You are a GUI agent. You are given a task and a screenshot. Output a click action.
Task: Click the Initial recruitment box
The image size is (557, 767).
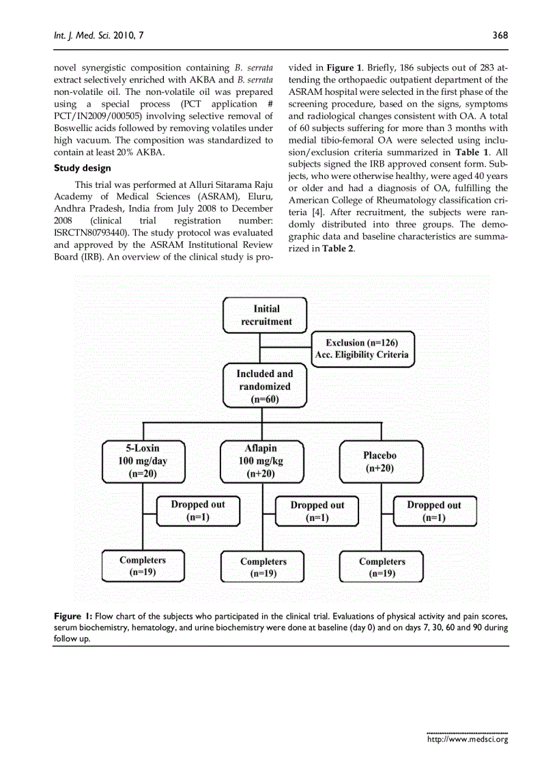tap(266, 315)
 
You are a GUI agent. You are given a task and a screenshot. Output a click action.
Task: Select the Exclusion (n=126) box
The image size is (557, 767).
tap(362, 348)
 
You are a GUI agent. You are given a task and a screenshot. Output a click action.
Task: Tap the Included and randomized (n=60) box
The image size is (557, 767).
tap(265, 386)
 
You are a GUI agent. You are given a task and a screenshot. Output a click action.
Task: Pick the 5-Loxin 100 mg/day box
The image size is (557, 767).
tap(143, 461)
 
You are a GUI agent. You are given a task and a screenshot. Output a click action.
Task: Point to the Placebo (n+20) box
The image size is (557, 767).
tap(380, 462)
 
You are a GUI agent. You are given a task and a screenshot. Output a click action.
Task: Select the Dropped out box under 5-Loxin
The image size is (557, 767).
tap(198, 511)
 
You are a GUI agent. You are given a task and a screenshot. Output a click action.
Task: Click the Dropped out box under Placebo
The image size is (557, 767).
tap(434, 511)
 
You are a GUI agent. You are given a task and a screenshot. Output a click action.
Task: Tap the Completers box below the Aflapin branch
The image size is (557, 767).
tap(263, 567)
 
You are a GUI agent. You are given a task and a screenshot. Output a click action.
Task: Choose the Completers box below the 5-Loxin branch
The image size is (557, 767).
tap(143, 566)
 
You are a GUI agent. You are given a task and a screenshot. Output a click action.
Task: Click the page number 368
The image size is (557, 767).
tap(500, 36)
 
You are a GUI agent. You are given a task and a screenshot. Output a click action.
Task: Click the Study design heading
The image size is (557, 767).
tap(82, 168)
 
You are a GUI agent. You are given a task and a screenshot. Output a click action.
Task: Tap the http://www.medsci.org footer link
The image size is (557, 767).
tap(467, 739)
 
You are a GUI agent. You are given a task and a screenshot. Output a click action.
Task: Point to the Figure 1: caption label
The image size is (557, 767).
tap(73, 615)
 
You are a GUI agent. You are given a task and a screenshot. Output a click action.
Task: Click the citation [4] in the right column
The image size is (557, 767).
tap(317, 212)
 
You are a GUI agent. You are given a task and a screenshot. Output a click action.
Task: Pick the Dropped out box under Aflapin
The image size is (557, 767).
tap(317, 512)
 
